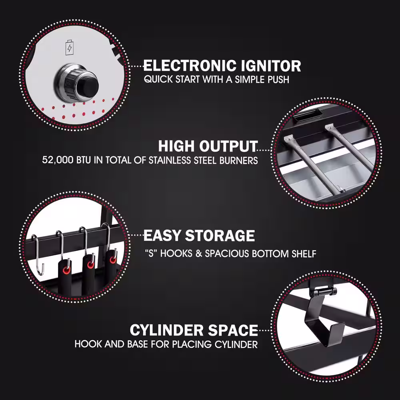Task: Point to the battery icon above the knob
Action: pyautogui.click(x=69, y=47)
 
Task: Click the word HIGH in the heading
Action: pyautogui.click(x=176, y=146)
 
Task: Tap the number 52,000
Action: pyautogui.click(x=58, y=160)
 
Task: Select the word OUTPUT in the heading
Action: pyautogui.click(x=228, y=146)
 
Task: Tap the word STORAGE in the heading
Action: pyautogui.click(x=220, y=236)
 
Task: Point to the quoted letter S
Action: pyautogui.click(x=151, y=254)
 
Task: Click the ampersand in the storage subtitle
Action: pyautogui.click(x=199, y=254)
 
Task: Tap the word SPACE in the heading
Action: pyautogui.click(x=233, y=330)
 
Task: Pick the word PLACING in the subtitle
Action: pyautogui.click(x=192, y=344)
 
